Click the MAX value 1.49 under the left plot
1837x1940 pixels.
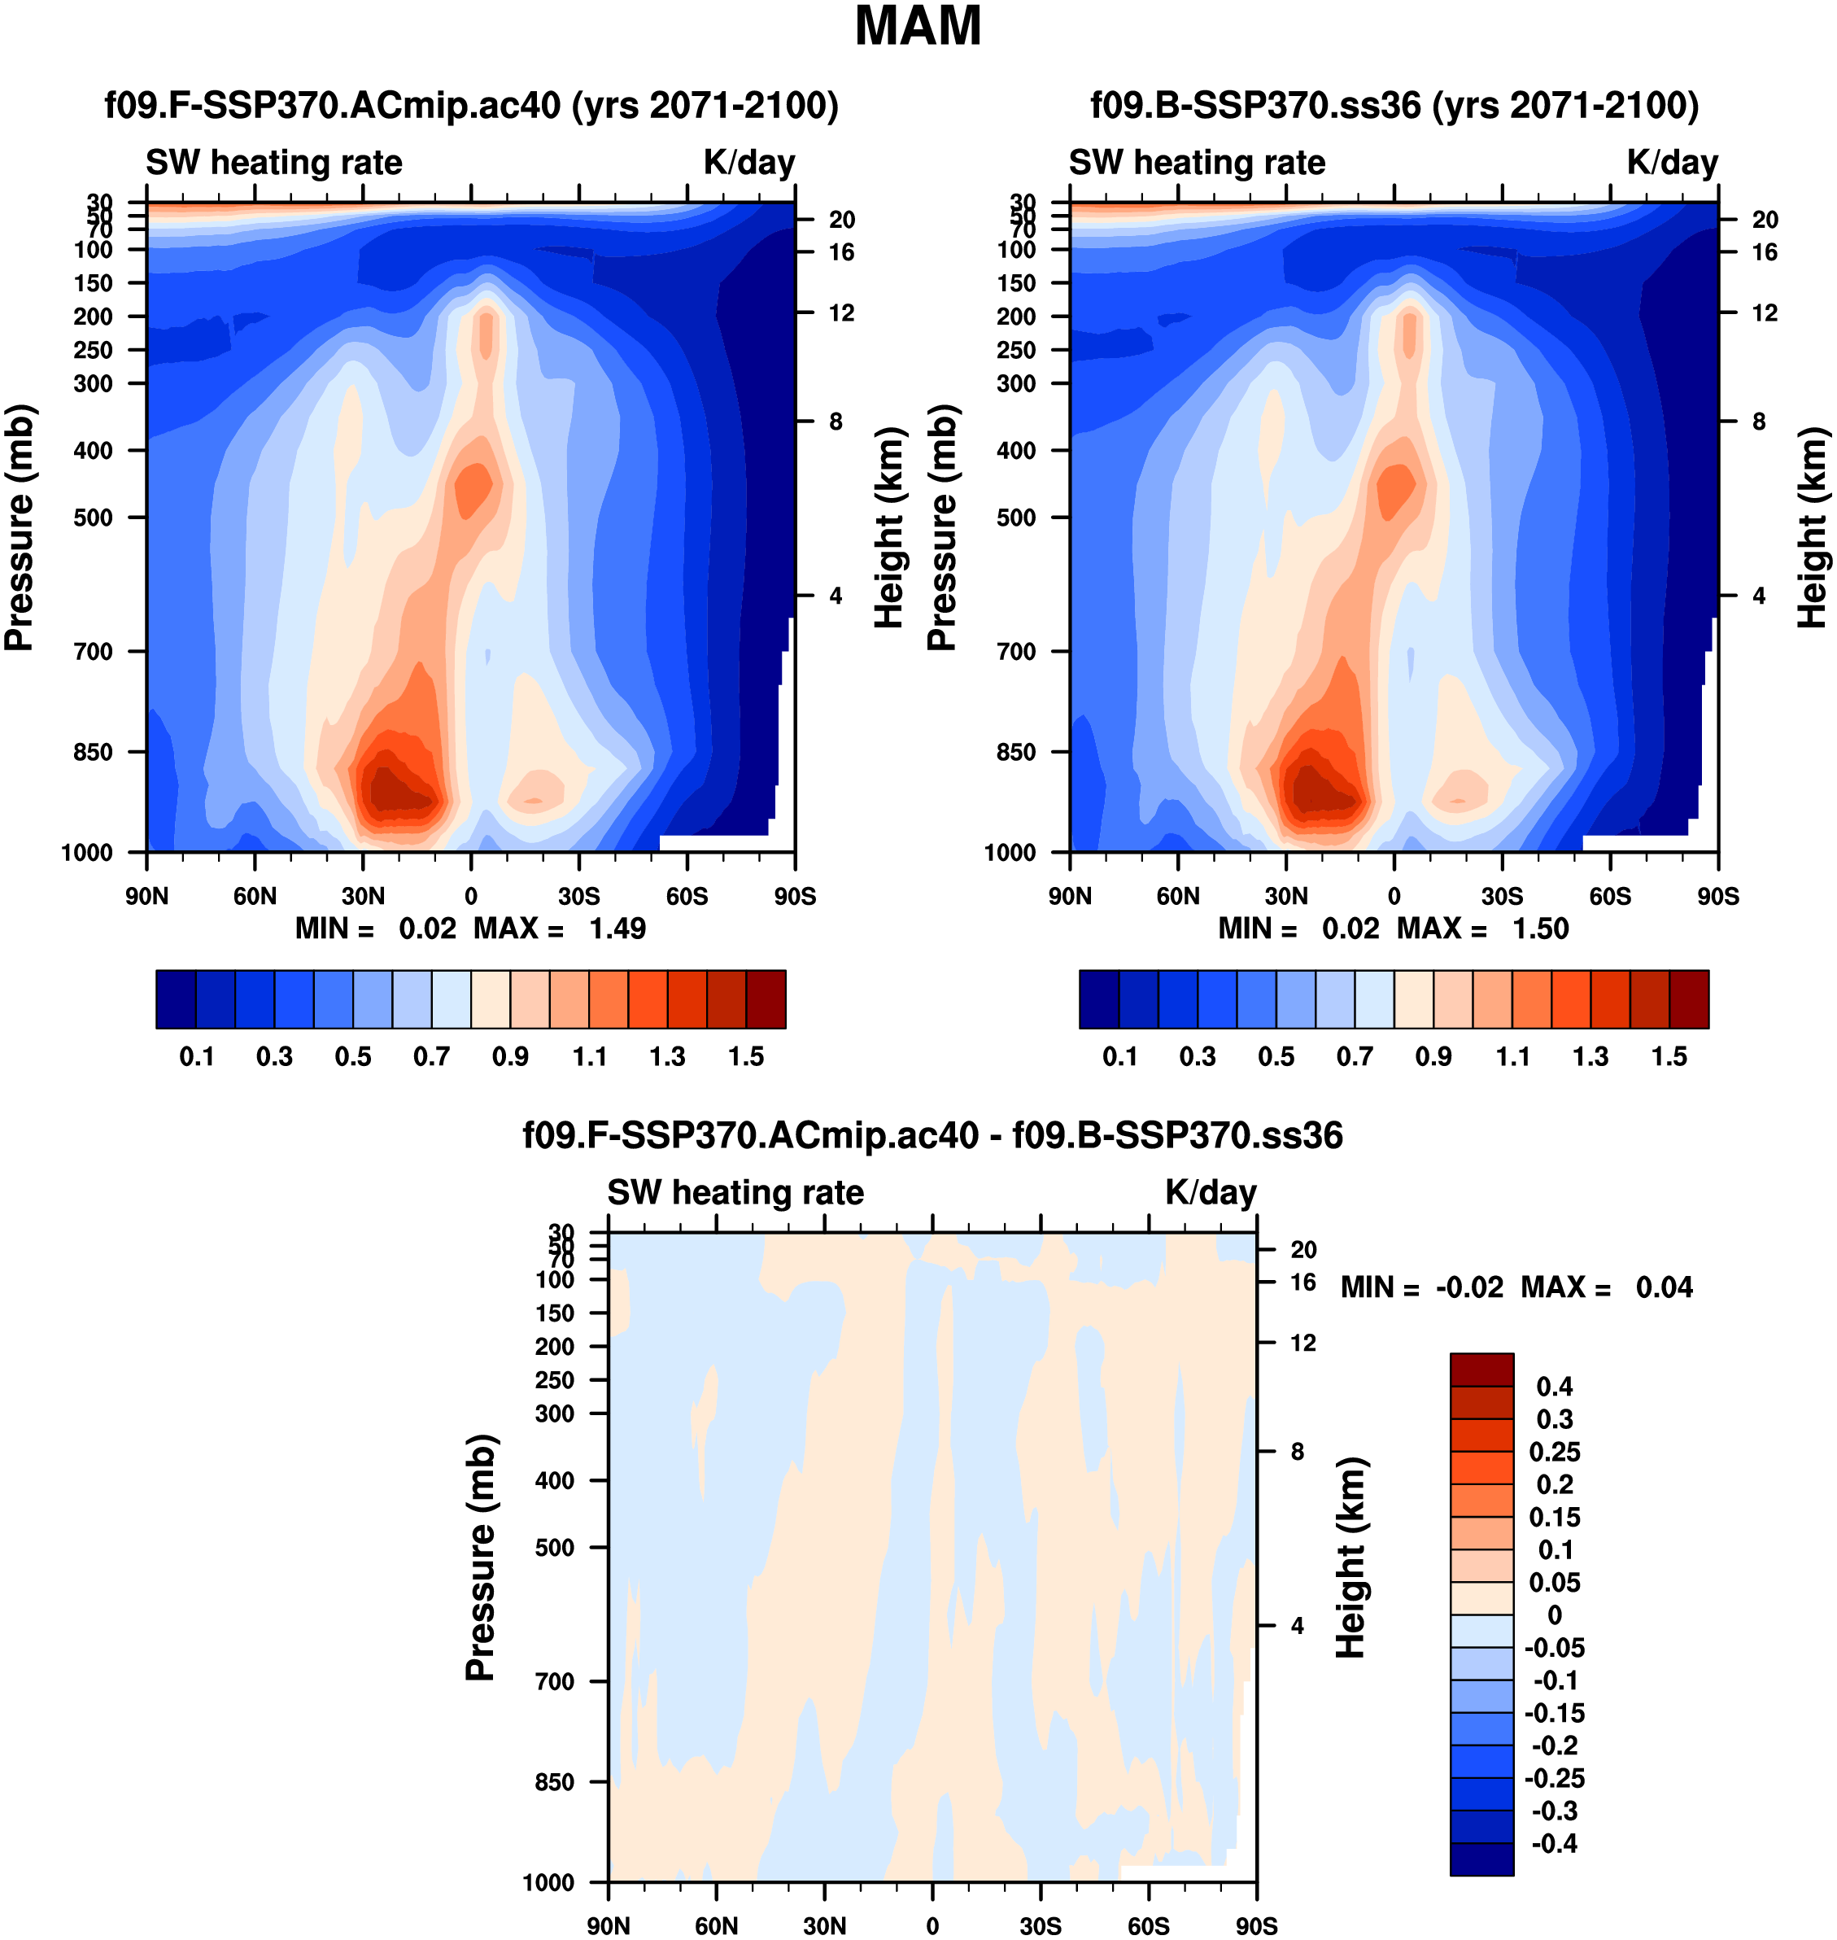[617, 928]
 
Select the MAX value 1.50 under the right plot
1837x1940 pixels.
[1540, 928]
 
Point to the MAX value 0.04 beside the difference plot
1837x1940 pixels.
[1664, 1287]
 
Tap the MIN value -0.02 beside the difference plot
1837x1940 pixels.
[1468, 1287]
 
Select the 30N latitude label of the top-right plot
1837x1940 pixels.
[1285, 896]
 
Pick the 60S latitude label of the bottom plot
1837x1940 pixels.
[1148, 1926]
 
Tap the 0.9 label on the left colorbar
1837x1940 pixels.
[510, 1057]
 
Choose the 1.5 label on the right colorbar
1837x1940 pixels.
[1669, 1057]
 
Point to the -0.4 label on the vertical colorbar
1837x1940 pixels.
[1554, 1844]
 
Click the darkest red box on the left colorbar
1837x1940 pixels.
[766, 999]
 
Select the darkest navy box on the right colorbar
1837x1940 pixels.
[1098, 999]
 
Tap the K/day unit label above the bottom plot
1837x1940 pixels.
[1211, 1193]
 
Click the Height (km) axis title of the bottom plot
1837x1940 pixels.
[1351, 1557]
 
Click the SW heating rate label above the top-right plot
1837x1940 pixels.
[1197, 163]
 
